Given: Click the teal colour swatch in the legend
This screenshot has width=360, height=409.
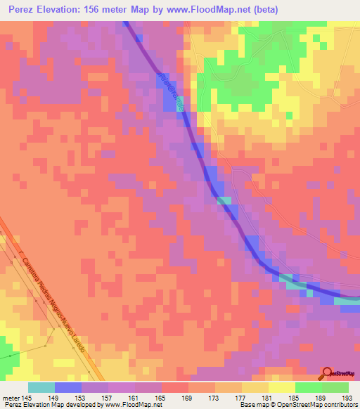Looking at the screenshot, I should pyautogui.click(x=41, y=387).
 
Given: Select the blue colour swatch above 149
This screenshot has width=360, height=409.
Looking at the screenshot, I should pyautogui.click(x=68, y=387).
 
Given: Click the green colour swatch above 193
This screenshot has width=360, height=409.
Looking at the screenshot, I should pyautogui.click(x=335, y=387).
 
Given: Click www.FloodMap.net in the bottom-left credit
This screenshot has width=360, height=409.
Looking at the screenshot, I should pyautogui.click(x=129, y=405).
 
